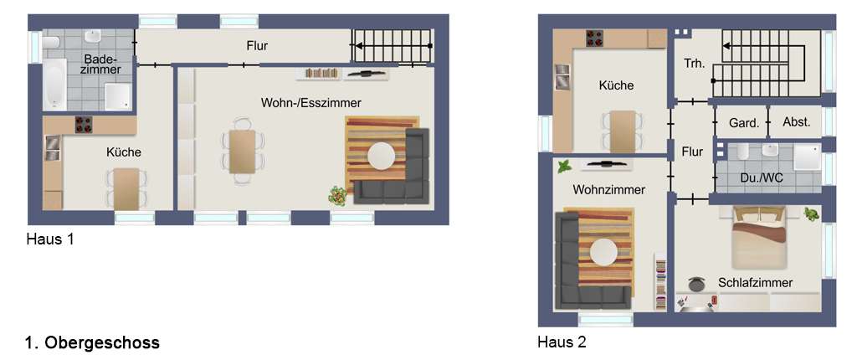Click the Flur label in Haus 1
click(257, 46)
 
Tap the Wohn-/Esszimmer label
click(311, 102)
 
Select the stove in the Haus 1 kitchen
click(84, 125)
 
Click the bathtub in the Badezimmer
click(54, 85)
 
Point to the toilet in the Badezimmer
click(51, 43)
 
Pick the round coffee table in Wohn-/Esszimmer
click(381, 157)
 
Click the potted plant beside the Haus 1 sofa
click(338, 195)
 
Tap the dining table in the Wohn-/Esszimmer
click(242, 152)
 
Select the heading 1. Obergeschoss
click(92, 343)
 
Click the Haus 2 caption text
click(562, 342)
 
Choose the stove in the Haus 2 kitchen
click(595, 39)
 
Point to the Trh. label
click(695, 64)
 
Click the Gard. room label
click(744, 123)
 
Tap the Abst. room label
click(797, 122)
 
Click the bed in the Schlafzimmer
click(758, 237)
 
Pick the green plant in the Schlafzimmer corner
click(812, 214)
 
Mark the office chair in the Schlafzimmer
click(696, 284)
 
